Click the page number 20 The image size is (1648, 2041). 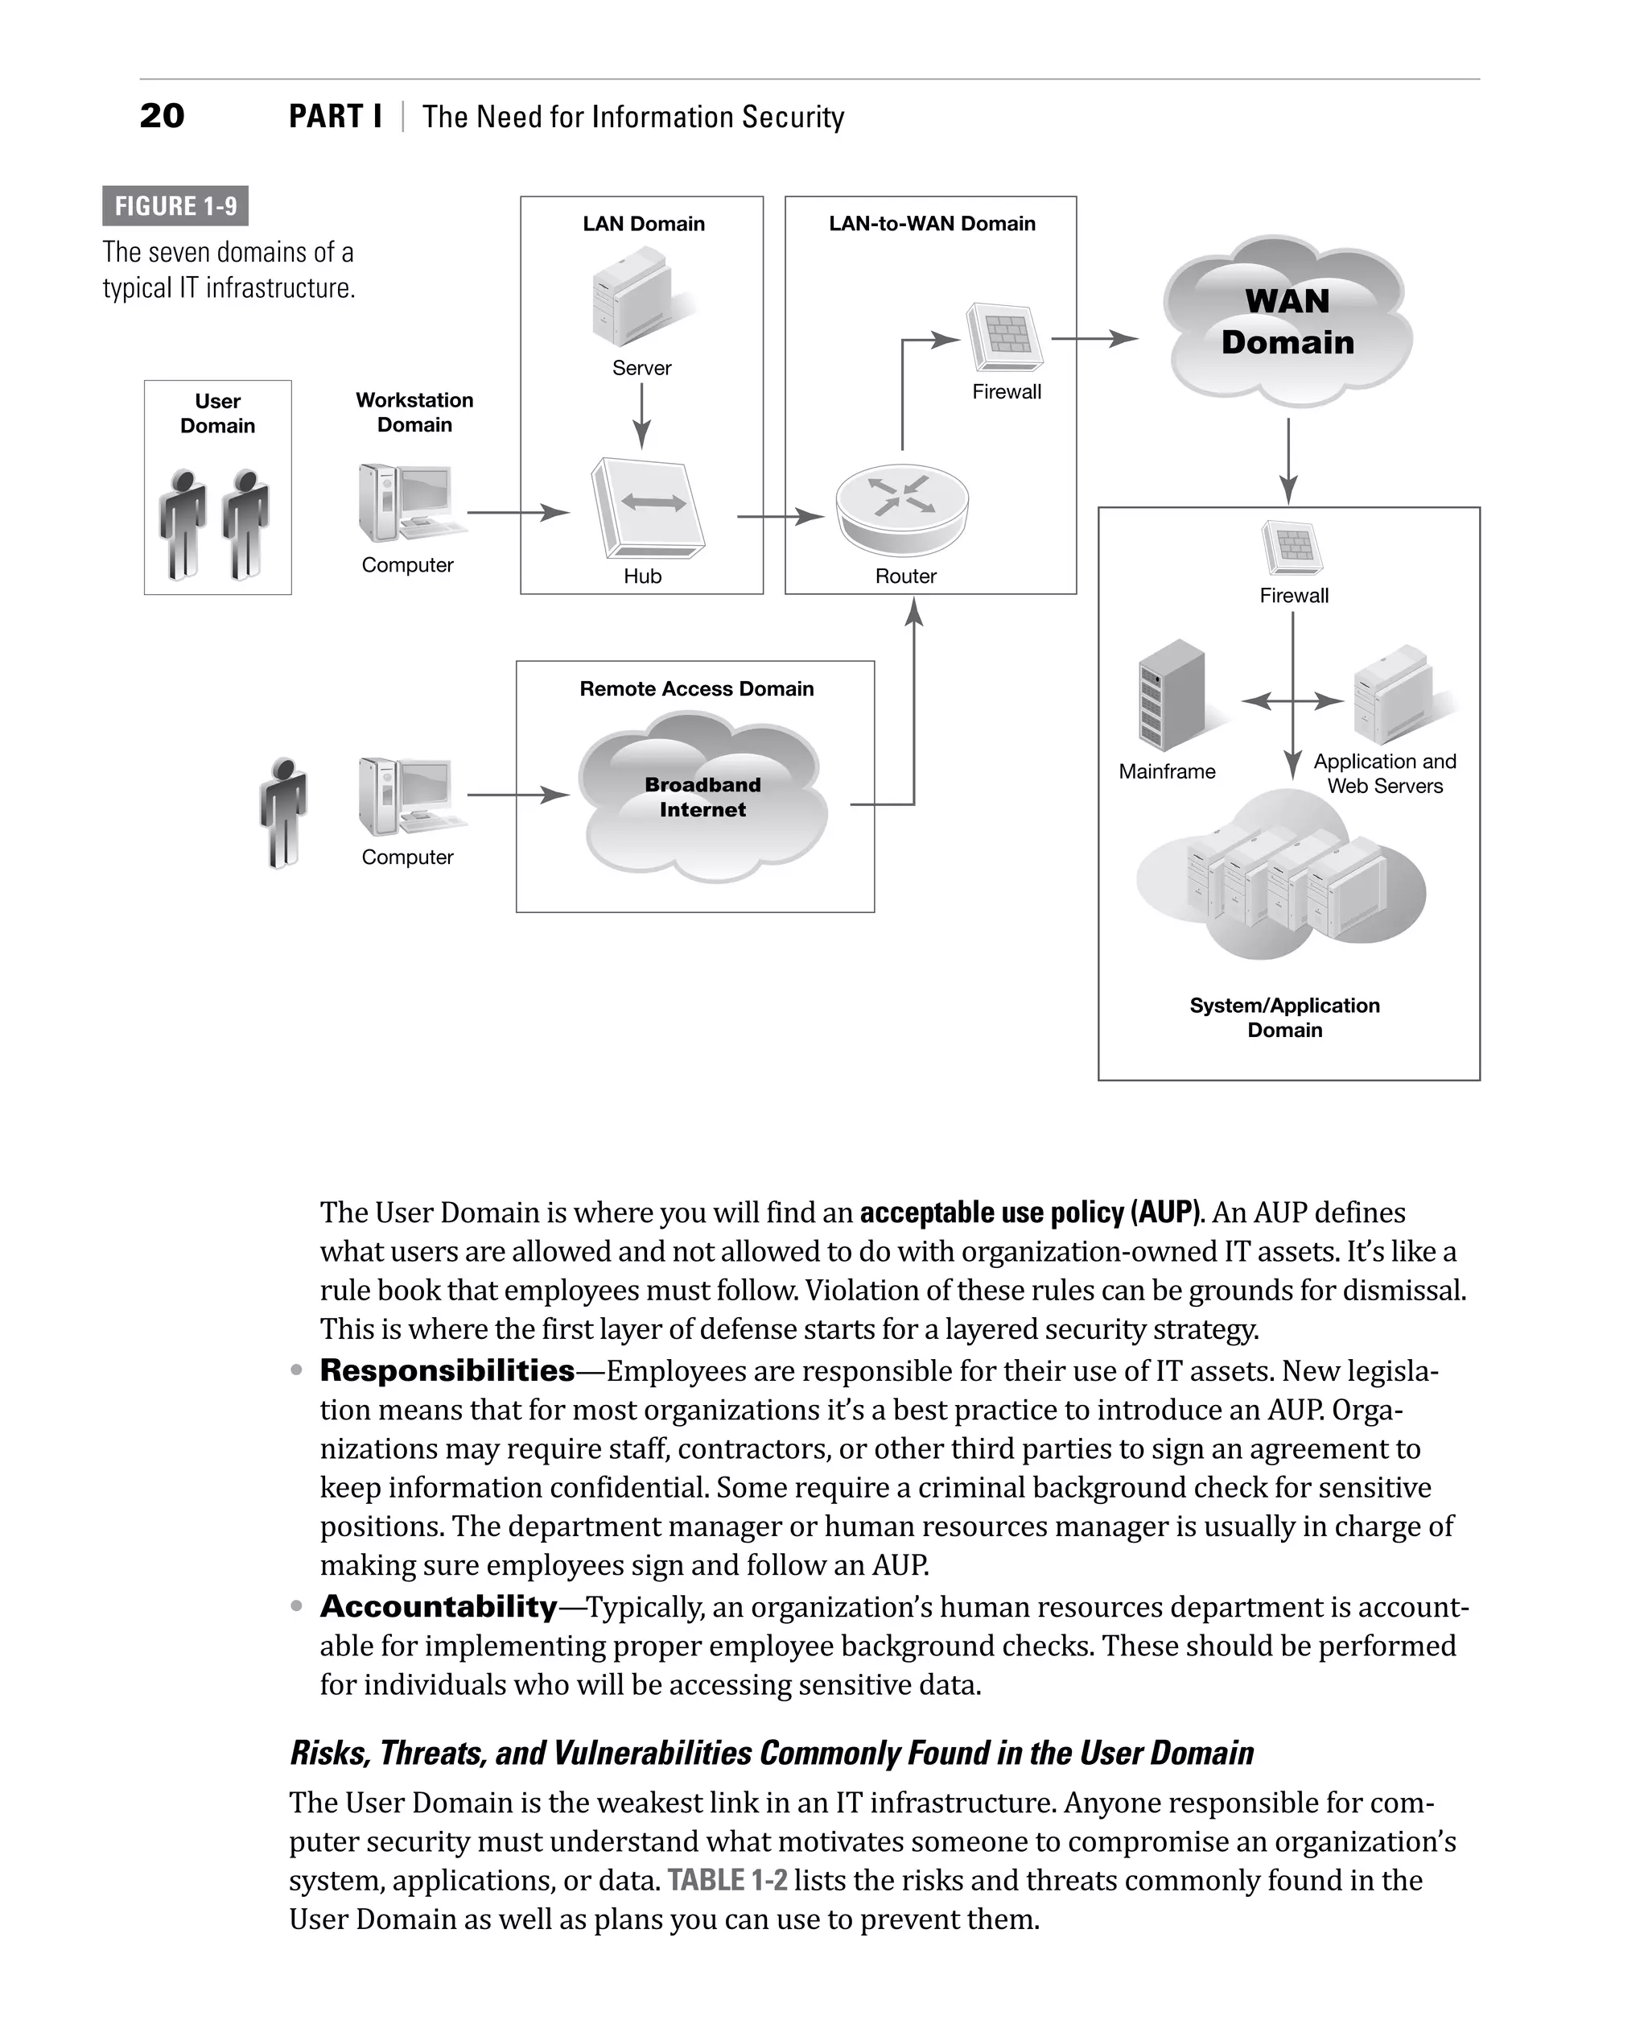(x=162, y=116)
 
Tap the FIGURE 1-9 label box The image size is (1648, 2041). (x=175, y=206)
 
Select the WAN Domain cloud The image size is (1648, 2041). (x=1287, y=322)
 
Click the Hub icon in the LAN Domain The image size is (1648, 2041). (x=648, y=508)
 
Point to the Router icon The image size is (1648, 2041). (x=902, y=509)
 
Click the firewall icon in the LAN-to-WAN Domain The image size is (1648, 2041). (x=1003, y=337)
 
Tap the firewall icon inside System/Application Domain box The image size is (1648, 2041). (x=1292, y=548)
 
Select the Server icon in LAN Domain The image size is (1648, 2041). (x=634, y=297)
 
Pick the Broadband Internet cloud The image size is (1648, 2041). (x=702, y=798)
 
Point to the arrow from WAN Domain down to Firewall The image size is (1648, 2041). (x=1288, y=461)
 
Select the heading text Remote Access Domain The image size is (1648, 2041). (x=697, y=688)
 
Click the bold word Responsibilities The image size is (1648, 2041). (x=447, y=1370)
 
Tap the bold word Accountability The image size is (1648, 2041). (x=439, y=1606)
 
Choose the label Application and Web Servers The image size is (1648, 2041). (x=1384, y=773)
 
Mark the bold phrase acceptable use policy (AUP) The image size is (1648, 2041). (x=1030, y=1212)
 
